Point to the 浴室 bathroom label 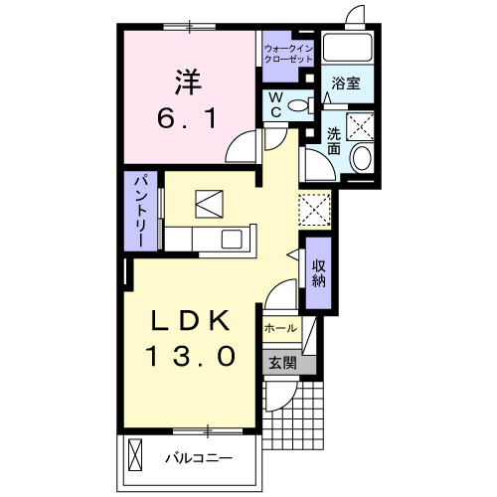coord(346,83)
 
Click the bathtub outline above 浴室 coord(348,50)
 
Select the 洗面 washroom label coord(332,141)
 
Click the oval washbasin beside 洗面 coord(361,157)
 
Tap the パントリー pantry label coord(141,211)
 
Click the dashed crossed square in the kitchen coord(313,209)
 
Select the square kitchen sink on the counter coord(232,240)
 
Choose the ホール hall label coord(278,326)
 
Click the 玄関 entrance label coord(280,363)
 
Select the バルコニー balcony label coord(198,459)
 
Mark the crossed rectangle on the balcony coord(136,459)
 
